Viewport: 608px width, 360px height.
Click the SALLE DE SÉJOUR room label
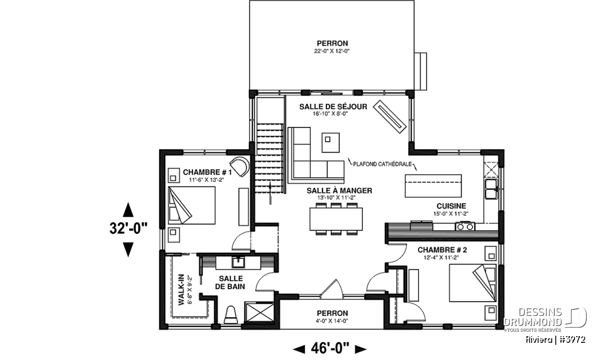point(333,107)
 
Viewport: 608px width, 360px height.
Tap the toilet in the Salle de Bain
point(231,315)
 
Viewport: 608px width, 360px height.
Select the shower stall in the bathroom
point(259,312)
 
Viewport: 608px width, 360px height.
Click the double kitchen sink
point(491,189)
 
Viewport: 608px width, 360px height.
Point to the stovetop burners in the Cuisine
point(465,226)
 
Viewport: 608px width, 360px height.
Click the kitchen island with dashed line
point(433,186)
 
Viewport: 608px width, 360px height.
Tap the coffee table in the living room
point(330,142)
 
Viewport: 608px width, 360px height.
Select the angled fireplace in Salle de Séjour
point(390,117)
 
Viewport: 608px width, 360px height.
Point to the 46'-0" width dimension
point(330,348)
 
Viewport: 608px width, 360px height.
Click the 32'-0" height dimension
point(128,229)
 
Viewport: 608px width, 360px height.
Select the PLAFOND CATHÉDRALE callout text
point(383,164)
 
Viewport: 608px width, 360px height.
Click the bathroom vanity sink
point(238,262)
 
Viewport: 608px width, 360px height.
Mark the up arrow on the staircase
point(271,193)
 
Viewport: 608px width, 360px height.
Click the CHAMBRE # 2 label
point(442,250)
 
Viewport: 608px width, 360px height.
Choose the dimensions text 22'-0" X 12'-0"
point(332,51)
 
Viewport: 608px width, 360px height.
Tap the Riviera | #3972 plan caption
point(555,339)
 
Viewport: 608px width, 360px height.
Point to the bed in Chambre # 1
point(192,206)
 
